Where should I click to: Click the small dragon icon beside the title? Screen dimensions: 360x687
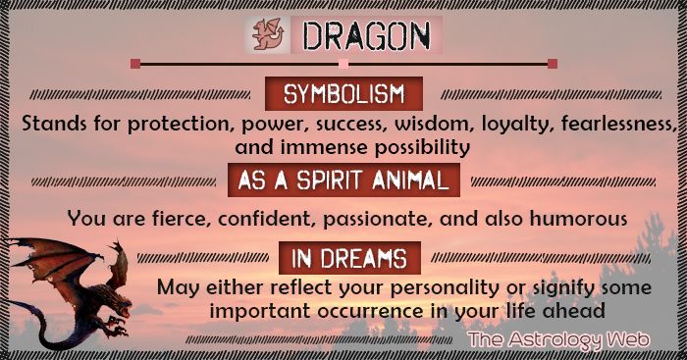(x=266, y=36)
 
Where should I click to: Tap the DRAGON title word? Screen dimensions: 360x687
(x=365, y=36)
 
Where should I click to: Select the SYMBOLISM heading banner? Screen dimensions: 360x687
(x=343, y=95)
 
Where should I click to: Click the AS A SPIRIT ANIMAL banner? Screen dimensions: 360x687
(x=343, y=180)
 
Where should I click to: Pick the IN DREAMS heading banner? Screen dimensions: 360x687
(x=343, y=258)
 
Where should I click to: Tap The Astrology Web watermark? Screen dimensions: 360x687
(x=561, y=339)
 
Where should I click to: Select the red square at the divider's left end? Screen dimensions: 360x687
(x=134, y=65)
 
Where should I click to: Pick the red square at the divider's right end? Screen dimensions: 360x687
(x=553, y=65)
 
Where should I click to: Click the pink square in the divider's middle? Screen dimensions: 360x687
(x=343, y=65)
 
